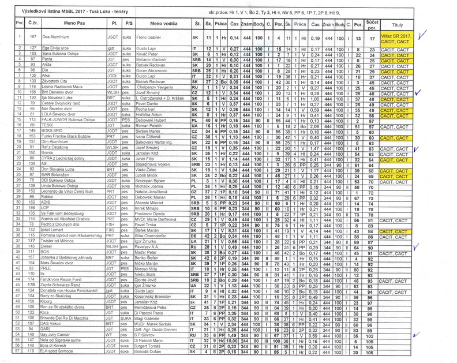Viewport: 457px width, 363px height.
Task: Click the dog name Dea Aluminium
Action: [x=57, y=36]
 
